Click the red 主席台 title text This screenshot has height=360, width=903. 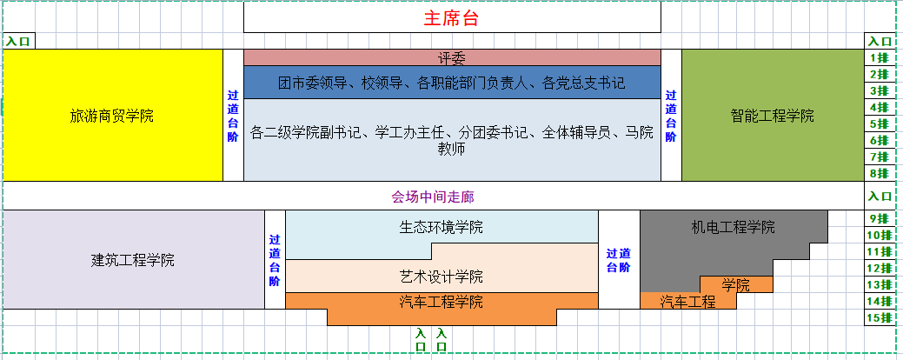(x=451, y=18)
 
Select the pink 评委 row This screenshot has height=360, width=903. (x=452, y=58)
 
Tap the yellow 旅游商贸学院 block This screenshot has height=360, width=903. (x=112, y=116)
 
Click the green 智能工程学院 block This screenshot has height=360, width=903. (x=772, y=116)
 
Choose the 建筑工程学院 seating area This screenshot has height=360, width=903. (x=133, y=260)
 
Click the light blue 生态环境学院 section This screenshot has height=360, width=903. (x=441, y=228)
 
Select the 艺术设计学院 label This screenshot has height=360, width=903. (x=441, y=277)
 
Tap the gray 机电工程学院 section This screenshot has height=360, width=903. (x=733, y=228)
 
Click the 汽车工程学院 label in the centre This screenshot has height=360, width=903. (x=441, y=303)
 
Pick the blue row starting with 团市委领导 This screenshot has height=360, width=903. (x=452, y=83)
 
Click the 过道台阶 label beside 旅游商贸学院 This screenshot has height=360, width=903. (x=233, y=116)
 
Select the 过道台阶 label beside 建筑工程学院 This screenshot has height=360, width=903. (x=275, y=260)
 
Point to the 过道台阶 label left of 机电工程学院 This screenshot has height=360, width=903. (x=618, y=260)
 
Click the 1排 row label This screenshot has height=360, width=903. (x=879, y=58)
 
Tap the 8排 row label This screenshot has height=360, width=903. (x=879, y=174)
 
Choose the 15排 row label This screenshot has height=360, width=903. (x=879, y=317)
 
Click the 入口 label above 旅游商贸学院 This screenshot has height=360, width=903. (x=17, y=41)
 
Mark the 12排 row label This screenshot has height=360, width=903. (x=879, y=268)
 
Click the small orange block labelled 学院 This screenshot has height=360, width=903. (x=736, y=284)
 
